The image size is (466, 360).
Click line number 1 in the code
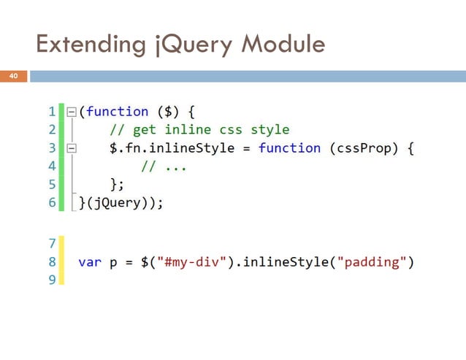[x=51, y=112]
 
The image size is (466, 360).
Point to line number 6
[x=51, y=203]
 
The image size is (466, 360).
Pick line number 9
[x=51, y=279]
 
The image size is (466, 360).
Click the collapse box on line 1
[x=72, y=112]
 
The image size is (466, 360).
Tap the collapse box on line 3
[x=72, y=148]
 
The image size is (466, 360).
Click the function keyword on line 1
[x=117, y=112]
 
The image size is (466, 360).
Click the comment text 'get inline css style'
[x=209, y=130]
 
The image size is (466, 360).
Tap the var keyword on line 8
[x=90, y=261]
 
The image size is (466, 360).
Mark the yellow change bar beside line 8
[x=61, y=261]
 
